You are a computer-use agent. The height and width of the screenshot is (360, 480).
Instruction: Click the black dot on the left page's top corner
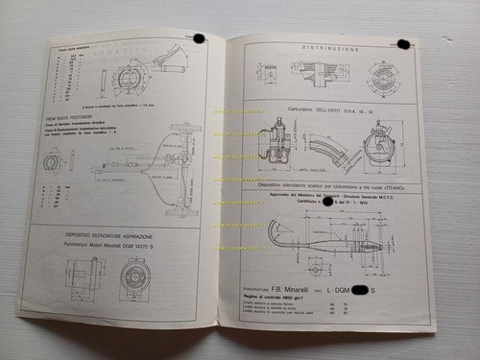(x=199, y=38)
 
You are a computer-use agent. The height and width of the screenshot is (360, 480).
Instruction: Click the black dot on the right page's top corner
(x=403, y=43)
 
